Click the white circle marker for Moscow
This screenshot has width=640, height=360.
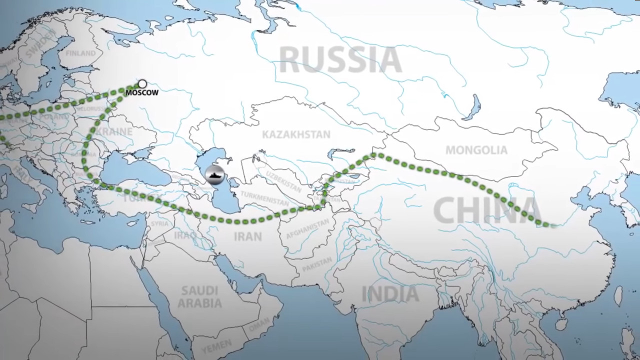(142, 83)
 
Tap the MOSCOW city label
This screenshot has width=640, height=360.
(142, 92)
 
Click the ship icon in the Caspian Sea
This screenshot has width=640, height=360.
(214, 175)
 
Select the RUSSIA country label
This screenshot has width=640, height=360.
(340, 60)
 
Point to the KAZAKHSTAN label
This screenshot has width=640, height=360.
(296, 134)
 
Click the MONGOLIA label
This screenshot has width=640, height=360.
(476, 150)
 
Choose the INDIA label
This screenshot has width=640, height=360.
(390, 293)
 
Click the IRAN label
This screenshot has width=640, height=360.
(247, 236)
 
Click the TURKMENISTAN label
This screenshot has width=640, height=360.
(264, 198)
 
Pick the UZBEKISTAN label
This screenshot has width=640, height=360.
(283, 181)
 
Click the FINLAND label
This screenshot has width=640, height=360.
(80, 53)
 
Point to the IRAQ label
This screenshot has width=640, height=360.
(185, 235)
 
